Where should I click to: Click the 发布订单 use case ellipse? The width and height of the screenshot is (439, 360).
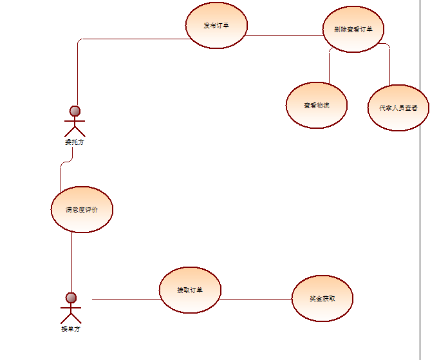pos(216,26)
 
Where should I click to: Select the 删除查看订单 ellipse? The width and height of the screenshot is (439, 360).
pos(353,29)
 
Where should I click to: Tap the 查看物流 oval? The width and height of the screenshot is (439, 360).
pos(317,105)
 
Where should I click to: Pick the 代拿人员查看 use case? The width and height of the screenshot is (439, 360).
pos(398,108)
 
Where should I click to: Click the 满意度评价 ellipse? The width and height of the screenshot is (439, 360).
pos(82,209)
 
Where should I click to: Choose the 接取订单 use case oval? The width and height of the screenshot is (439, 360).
pos(190,290)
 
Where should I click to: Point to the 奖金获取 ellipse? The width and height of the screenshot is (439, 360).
pos(322,298)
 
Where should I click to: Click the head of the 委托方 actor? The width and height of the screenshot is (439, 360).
pos(75,110)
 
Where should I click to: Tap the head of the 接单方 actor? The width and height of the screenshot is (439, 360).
pos(71,298)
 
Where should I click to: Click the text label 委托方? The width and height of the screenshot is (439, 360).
pos(74,142)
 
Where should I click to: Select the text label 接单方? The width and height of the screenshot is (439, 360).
pos(71,329)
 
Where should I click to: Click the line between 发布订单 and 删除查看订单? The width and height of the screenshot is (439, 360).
pos(283,35)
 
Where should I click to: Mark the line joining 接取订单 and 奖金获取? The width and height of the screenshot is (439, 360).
pos(256,299)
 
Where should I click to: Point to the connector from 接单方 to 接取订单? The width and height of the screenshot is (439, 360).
pos(126,299)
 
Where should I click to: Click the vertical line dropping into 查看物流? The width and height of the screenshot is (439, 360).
pos(329,64)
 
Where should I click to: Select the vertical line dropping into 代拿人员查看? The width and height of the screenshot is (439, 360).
pos(389,64)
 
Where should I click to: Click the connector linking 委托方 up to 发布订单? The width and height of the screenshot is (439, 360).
pos(77,71)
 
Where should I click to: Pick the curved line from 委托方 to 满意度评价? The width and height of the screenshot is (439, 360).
pos(61,174)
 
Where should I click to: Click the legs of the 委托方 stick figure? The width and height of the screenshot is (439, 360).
pos(75,131)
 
